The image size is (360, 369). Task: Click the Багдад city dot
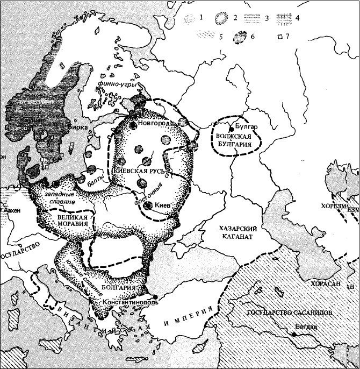294,333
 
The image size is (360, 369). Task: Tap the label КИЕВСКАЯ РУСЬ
140,171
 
